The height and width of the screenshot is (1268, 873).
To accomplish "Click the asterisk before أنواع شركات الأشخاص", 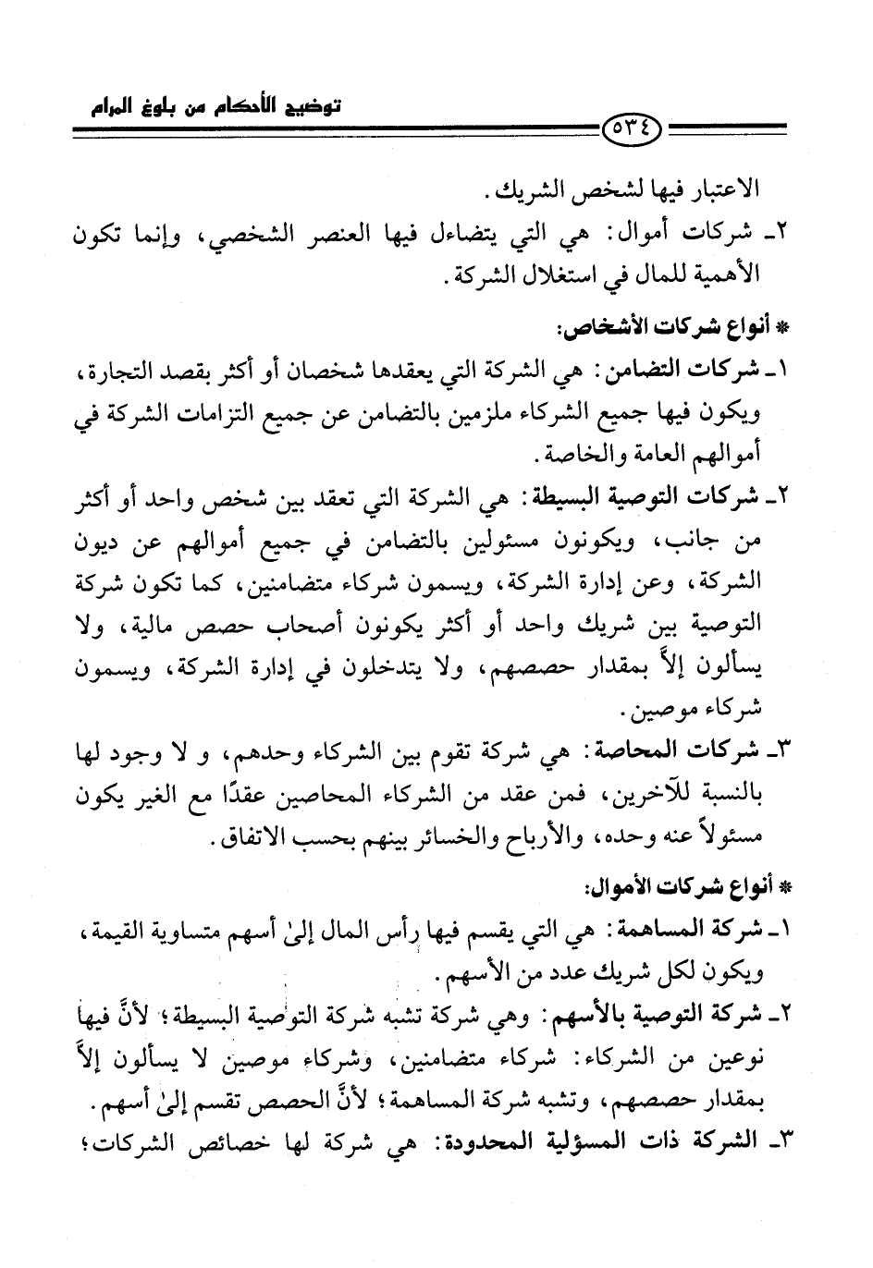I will click(x=787, y=328).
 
